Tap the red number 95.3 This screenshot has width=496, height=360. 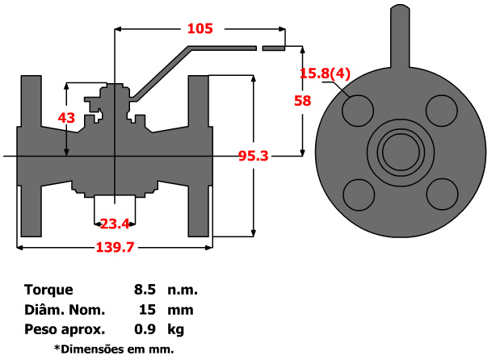[x=253, y=156]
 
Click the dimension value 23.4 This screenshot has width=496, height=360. [x=115, y=224]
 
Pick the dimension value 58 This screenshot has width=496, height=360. [x=303, y=101]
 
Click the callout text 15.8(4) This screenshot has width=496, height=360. [x=325, y=74]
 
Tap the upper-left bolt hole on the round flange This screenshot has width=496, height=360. [x=359, y=111]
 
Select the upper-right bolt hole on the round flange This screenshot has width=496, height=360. [x=440, y=111]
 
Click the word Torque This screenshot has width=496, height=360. [x=48, y=289]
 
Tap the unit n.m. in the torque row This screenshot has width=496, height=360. [x=183, y=289]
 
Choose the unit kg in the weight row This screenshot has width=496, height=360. [x=174, y=329]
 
